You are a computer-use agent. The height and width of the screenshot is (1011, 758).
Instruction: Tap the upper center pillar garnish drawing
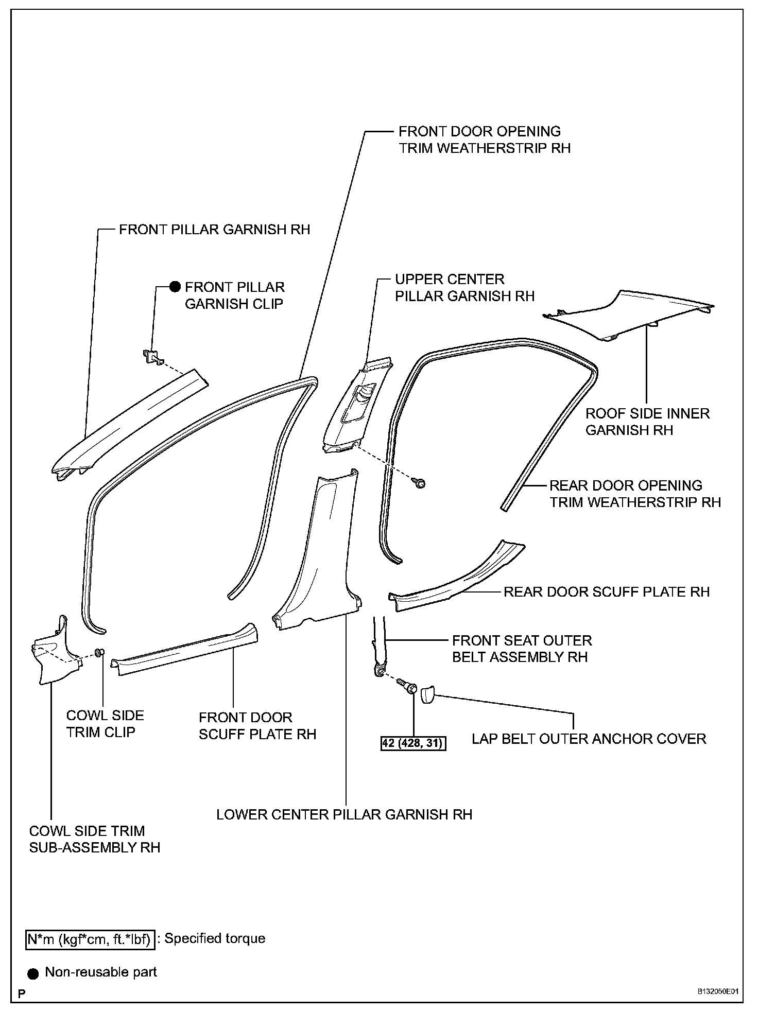pos(355,407)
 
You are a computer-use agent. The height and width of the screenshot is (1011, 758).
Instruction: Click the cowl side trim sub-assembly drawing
pos(54,654)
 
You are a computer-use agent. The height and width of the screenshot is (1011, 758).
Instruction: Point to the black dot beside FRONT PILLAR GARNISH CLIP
pos(176,287)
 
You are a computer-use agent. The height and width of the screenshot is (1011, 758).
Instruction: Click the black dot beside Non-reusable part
pos(33,972)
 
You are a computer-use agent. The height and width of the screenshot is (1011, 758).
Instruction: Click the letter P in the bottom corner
pos(22,993)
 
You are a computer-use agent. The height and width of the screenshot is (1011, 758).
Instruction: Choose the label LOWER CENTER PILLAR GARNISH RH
pos(344,814)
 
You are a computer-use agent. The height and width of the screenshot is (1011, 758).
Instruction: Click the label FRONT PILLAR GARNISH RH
pos(214,230)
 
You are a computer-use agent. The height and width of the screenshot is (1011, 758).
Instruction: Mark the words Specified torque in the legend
pos(215,938)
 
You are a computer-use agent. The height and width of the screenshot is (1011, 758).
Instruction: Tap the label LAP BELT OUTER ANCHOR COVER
pos(589,739)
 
